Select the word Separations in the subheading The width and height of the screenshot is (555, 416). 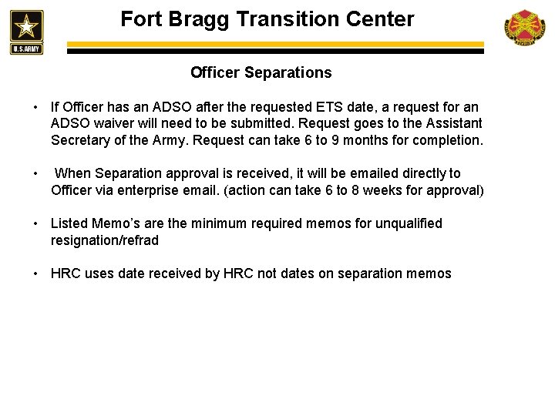288,72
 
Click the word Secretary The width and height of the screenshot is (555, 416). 82,141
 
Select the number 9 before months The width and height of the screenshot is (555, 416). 354,141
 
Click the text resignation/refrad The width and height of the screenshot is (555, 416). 105,240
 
